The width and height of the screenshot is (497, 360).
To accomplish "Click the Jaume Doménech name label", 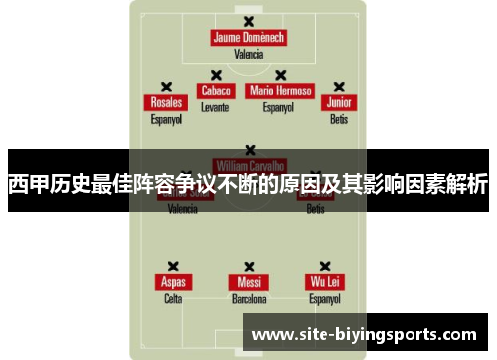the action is (x=248, y=38).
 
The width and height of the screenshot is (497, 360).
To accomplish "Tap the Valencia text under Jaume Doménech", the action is (x=248, y=55).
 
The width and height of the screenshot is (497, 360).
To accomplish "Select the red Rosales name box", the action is (x=166, y=103).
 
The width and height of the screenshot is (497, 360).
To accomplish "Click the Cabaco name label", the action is (x=215, y=90).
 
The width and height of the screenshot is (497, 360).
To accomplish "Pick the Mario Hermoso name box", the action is (x=280, y=90).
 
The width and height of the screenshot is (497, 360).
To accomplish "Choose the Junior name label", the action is (x=339, y=103).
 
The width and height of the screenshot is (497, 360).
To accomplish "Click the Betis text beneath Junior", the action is (x=339, y=119).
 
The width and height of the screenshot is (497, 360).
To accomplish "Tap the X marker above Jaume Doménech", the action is (x=248, y=21).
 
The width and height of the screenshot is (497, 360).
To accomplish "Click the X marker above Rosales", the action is (x=166, y=87).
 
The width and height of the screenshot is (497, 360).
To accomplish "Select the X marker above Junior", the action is (x=339, y=87).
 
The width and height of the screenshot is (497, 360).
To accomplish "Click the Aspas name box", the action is (x=173, y=282).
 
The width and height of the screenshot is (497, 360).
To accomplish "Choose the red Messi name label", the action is (x=248, y=282).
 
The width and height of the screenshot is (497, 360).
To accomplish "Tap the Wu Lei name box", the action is (x=324, y=282).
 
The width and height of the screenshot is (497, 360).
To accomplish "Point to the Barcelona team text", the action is (x=248, y=298).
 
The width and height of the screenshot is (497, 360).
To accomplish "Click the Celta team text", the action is (x=173, y=298).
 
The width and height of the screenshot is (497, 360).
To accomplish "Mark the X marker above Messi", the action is (x=248, y=266).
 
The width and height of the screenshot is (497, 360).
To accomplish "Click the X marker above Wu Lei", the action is (x=324, y=266).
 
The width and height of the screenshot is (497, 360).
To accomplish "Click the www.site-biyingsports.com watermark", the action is (x=365, y=335).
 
